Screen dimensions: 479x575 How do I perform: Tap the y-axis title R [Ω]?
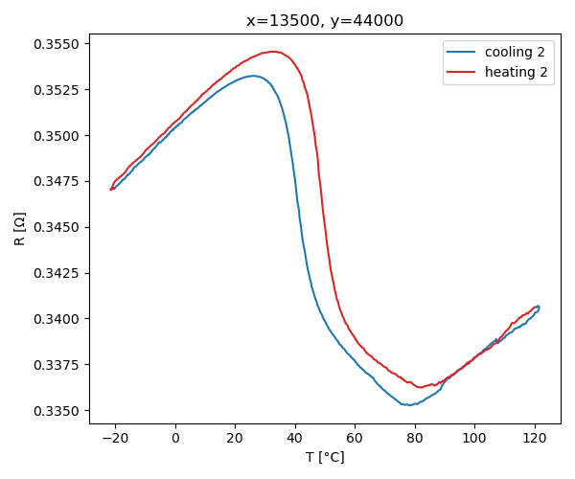[20, 229]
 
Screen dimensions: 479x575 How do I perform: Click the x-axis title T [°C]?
[325, 457]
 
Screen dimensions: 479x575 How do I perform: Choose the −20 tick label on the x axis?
[116, 438]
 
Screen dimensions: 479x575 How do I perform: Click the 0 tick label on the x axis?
[175, 438]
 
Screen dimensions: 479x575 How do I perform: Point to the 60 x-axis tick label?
[355, 438]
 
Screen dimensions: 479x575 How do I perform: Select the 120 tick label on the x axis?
[534, 438]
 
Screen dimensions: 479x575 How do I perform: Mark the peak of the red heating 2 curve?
[273, 51]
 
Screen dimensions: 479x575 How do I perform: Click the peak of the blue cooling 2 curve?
[254, 76]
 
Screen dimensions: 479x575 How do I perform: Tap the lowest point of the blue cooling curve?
[410, 405]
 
